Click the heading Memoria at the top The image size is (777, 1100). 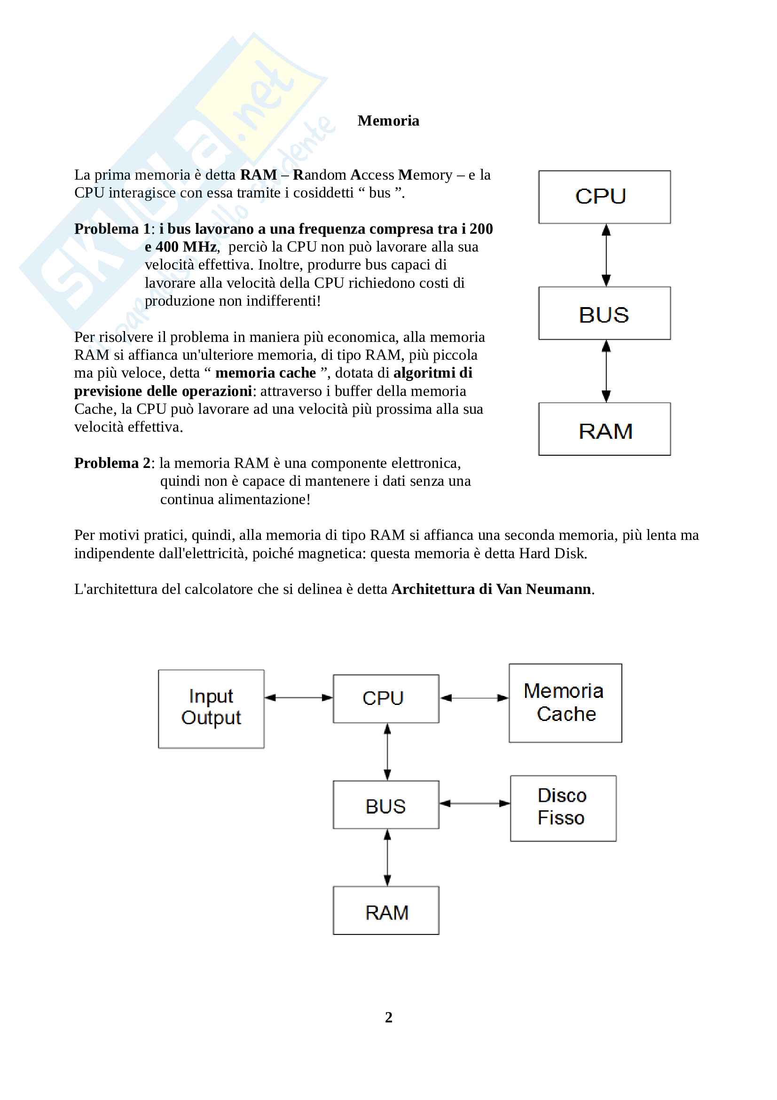[388, 121]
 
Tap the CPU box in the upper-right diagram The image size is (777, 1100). [604, 197]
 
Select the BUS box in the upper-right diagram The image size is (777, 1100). [604, 313]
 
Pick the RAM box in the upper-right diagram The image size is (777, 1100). [604, 429]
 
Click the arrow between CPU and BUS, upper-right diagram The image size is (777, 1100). [606, 255]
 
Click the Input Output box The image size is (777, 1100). [211, 709]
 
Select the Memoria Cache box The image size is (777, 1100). [565, 703]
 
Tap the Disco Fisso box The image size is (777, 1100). [563, 808]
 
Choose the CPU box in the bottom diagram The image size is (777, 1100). [386, 698]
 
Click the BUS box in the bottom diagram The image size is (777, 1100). [386, 805]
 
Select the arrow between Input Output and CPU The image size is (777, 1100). [298, 697]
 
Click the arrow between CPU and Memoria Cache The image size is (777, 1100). [474, 698]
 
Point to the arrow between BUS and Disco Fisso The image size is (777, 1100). [474, 803]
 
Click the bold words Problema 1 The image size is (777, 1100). [112, 229]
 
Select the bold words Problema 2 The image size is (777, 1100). [112, 463]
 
